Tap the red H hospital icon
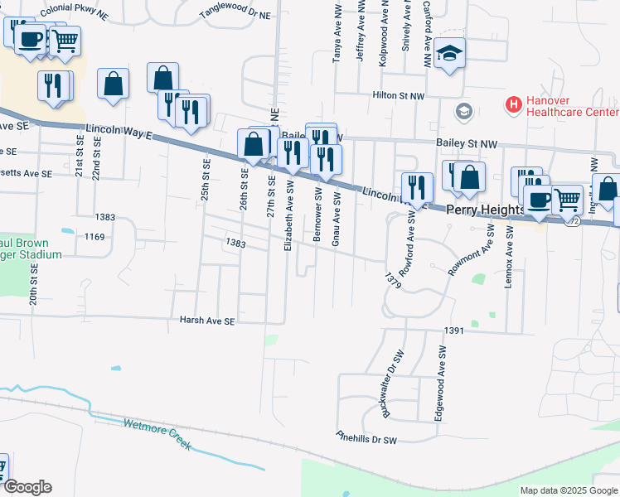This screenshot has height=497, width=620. (514, 105)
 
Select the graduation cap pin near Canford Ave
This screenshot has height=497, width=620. (450, 54)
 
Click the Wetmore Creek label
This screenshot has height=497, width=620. (157, 434)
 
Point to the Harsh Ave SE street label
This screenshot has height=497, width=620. (208, 321)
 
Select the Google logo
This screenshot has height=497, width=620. (27, 487)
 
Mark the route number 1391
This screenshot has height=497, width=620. (453, 330)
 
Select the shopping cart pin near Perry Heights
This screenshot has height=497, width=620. (567, 199)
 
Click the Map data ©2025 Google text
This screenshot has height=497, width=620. (569, 490)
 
